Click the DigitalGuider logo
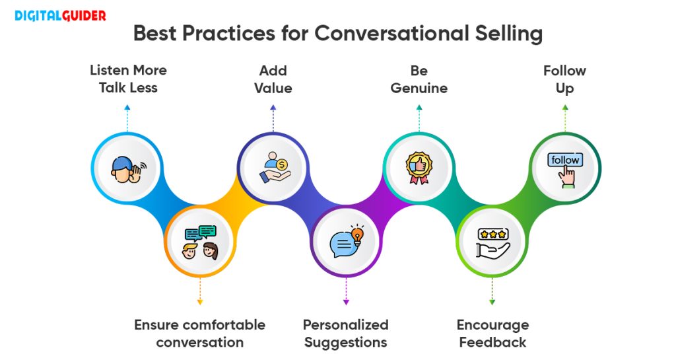[x=60, y=16]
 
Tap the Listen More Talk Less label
[x=128, y=79]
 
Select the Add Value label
[x=273, y=79]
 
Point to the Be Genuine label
[x=419, y=79]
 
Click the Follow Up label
[x=564, y=79]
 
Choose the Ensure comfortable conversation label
[x=199, y=333]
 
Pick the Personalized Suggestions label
[x=345, y=333]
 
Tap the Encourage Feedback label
[x=492, y=333]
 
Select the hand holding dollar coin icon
[x=273, y=168]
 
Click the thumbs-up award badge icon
[x=419, y=168]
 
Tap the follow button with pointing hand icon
[x=564, y=168]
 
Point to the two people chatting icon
[x=200, y=242]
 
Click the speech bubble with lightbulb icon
[x=346, y=242]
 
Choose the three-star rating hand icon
[x=492, y=242]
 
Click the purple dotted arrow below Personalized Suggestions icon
[x=346, y=291]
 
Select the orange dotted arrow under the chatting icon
[x=200, y=291]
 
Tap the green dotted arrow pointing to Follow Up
[x=564, y=116]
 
